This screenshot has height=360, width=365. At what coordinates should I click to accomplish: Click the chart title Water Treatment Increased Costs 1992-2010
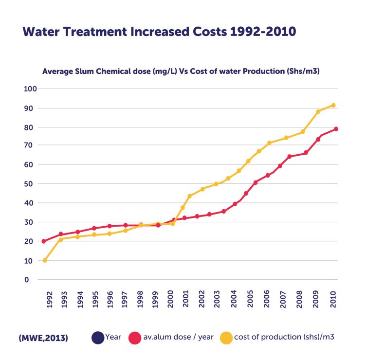159,32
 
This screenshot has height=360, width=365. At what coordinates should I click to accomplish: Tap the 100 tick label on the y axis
31,89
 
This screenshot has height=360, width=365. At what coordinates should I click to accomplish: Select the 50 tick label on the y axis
31,184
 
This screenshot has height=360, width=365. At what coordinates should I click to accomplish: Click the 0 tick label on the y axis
33,280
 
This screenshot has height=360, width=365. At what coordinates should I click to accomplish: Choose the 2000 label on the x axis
170,300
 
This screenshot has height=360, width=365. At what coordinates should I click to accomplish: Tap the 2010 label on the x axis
333,300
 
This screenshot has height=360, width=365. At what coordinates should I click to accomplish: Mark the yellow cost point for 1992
45,260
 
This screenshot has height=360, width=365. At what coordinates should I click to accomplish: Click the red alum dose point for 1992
44,241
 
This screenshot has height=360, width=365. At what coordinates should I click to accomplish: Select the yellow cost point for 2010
333,105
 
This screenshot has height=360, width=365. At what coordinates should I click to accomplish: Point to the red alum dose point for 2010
336,129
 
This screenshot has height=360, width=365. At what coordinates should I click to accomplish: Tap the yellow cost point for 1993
61,239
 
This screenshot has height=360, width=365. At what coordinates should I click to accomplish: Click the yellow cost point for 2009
318,111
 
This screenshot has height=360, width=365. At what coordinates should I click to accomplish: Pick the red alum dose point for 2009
318,139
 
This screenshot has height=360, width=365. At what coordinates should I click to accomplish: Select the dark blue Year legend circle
98,337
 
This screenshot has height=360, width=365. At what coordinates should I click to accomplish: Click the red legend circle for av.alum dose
135,337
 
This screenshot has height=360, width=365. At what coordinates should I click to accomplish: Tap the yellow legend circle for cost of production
226,337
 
